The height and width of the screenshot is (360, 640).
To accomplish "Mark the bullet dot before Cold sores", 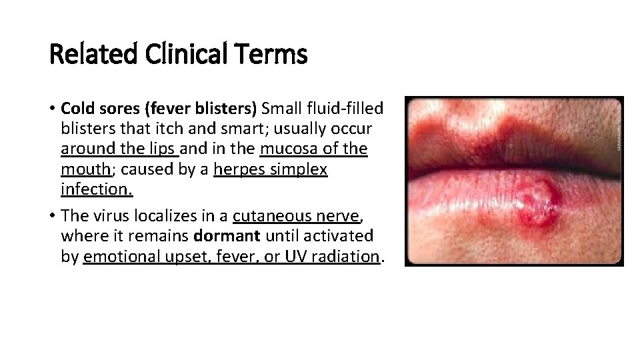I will tap(52, 109).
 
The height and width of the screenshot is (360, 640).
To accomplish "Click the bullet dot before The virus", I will tap(52, 216).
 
